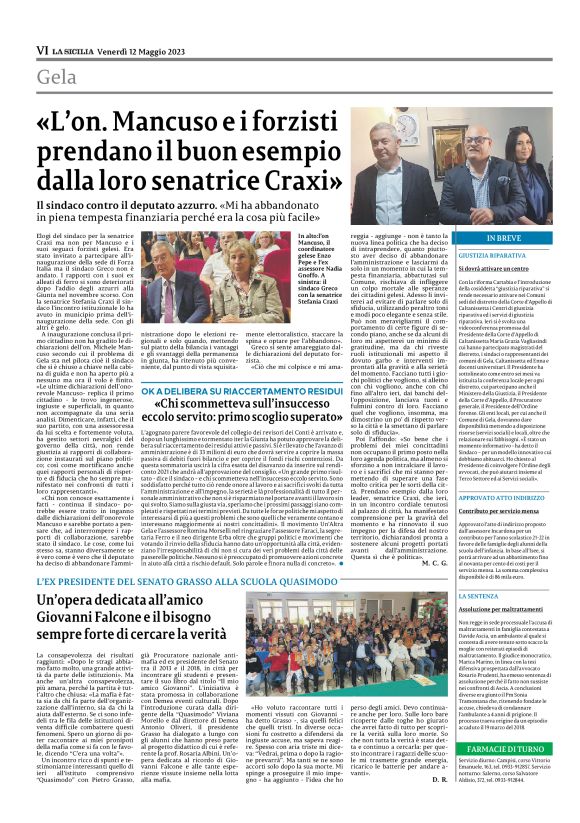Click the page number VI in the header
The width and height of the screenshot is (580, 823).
point(41,48)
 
